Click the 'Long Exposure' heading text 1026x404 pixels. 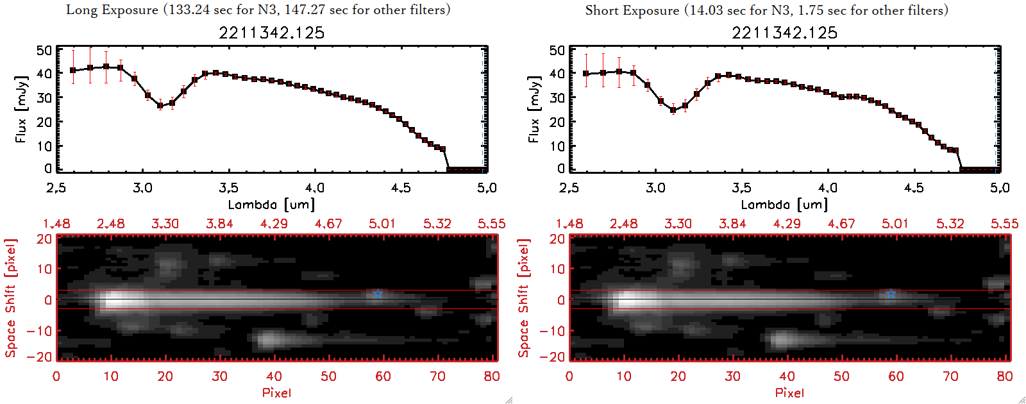click(112, 10)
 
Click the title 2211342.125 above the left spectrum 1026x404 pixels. click(271, 33)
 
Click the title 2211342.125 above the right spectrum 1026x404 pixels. click(784, 33)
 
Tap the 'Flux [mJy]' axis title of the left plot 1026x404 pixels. click(21, 109)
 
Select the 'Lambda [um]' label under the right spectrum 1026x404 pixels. click(784, 205)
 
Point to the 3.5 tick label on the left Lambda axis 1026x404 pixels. click(228, 188)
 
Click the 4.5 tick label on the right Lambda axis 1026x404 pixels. click(914, 188)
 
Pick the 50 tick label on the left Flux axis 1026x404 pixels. click(44, 50)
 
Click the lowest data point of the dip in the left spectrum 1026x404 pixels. click(160, 106)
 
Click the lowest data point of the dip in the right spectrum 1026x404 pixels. click(673, 110)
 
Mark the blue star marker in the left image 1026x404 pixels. click(378, 294)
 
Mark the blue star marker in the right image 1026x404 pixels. click(891, 294)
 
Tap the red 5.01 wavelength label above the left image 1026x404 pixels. click(382, 224)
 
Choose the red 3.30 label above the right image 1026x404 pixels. click(678, 224)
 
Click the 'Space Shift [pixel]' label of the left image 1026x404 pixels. click(10, 298)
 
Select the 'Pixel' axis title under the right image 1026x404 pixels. click(789, 392)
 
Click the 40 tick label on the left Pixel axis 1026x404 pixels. click(274, 376)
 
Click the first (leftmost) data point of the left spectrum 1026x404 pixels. click(73, 71)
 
